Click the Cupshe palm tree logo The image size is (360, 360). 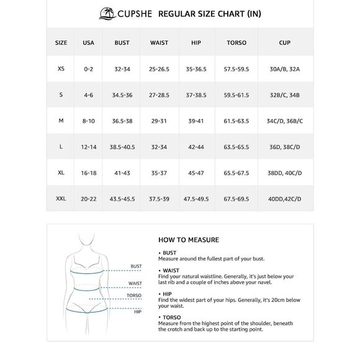(107, 13)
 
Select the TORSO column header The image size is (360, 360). (236, 43)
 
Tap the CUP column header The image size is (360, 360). (284, 43)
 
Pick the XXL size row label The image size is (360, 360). (61, 199)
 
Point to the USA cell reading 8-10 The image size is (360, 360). (88, 121)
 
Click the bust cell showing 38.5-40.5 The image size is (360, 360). (122, 147)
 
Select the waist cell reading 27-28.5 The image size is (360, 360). (159, 95)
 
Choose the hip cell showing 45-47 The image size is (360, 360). (196, 173)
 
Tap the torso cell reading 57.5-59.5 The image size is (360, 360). (236, 69)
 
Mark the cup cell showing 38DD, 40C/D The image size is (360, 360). (284, 173)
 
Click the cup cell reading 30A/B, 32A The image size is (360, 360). (284, 69)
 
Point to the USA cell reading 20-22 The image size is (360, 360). (88, 199)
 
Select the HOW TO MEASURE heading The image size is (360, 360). (189, 240)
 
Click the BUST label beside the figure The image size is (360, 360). (136, 266)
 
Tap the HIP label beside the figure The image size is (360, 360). (138, 312)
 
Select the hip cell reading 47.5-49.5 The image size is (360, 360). (196, 199)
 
